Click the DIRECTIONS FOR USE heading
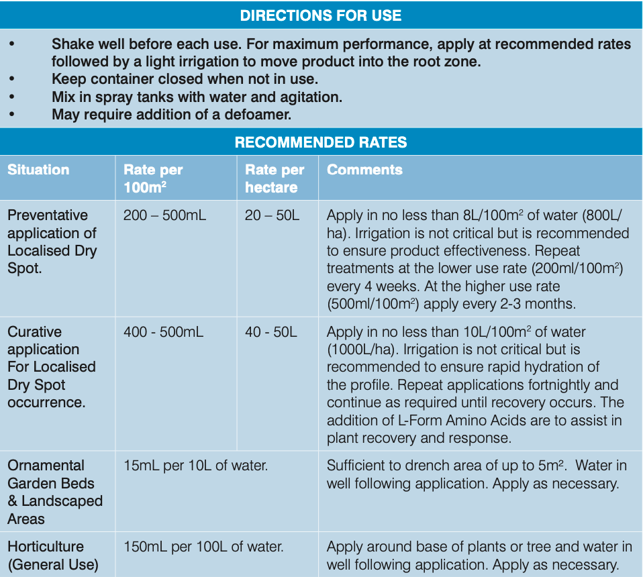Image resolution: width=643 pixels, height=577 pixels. pyautogui.click(x=321, y=15)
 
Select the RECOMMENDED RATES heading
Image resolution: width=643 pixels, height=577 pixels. pyautogui.click(x=321, y=142)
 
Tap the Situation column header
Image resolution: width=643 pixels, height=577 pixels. pyautogui.click(x=38, y=170)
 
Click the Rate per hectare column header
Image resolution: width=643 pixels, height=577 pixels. pyautogui.click(x=275, y=178)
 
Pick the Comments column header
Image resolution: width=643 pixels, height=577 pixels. pyautogui.click(x=364, y=170)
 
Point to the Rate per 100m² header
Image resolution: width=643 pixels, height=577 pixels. pyautogui.click(x=153, y=178)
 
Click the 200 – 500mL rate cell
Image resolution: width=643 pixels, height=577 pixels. pyautogui.click(x=164, y=215)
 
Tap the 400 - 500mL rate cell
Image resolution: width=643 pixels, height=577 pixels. pyautogui.click(x=163, y=332)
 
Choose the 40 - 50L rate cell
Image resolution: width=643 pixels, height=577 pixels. pyautogui.click(x=270, y=332)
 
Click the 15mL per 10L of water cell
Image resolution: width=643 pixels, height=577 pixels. pyautogui.click(x=195, y=466)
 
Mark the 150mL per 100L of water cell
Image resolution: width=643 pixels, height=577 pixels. pyautogui.click(x=203, y=547)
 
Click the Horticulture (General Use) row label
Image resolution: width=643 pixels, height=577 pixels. pyautogui.click(x=52, y=556)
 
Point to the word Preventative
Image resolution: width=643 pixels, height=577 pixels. pyautogui.click(x=48, y=215)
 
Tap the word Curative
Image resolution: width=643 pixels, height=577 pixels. pyautogui.click(x=34, y=332)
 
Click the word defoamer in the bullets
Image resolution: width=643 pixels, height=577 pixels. pyautogui.click(x=258, y=114)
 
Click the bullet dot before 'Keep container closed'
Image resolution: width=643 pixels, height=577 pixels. pyautogui.click(x=11, y=79)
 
